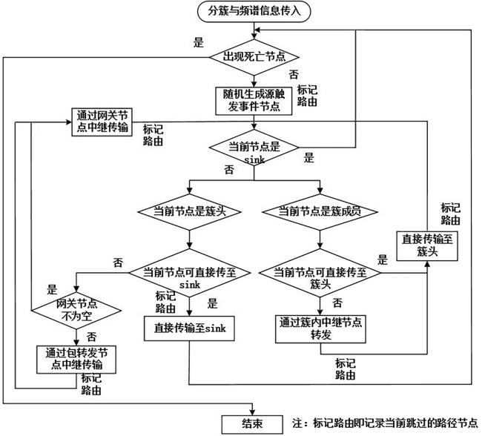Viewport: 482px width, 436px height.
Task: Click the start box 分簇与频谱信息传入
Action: [x=254, y=11]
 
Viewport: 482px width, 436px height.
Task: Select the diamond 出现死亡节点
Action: [x=254, y=57]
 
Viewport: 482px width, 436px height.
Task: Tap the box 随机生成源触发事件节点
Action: [x=254, y=101]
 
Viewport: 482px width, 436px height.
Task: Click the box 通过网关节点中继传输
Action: [x=102, y=122]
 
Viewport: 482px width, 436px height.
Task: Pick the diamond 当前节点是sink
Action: [x=254, y=148]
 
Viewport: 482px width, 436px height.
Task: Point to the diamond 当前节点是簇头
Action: [x=189, y=211]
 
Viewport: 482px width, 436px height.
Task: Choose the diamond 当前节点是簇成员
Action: [x=320, y=211]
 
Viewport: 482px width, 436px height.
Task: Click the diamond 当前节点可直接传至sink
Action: [x=189, y=273]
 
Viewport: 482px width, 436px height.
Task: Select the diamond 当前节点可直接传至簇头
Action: [x=320, y=273]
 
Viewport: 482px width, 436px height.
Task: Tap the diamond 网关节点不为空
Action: [x=76, y=311]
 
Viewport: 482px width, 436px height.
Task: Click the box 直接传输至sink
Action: [x=189, y=328]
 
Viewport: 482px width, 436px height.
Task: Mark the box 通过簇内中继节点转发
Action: [x=320, y=329]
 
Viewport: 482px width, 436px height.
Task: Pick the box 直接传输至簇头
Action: [x=427, y=246]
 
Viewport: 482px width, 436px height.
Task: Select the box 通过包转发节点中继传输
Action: [x=76, y=360]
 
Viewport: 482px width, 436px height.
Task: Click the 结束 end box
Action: [x=252, y=424]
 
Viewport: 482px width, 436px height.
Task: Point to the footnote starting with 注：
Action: [x=385, y=423]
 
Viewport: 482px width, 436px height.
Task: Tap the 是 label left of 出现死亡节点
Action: [x=199, y=42]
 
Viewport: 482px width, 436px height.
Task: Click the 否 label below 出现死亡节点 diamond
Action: [x=294, y=74]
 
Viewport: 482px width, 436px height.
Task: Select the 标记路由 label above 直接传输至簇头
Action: [x=450, y=214]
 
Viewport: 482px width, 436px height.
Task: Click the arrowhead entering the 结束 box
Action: [x=253, y=412]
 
